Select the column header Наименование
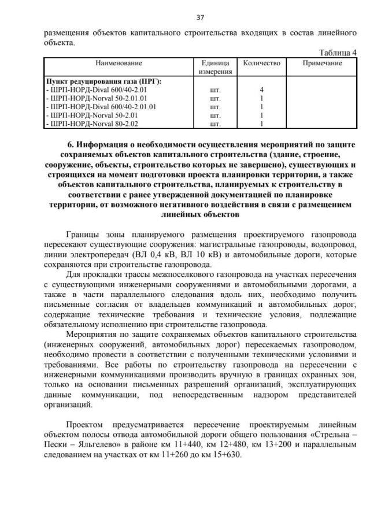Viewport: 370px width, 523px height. (x=119, y=62)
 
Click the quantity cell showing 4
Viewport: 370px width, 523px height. (x=261, y=90)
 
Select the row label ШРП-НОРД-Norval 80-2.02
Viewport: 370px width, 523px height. (x=92, y=123)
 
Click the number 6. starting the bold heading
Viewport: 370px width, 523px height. (x=71, y=144)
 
